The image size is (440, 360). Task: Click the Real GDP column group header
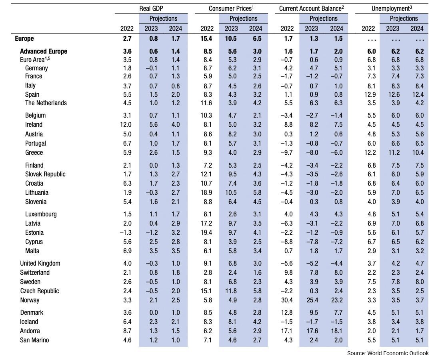tap(151, 8)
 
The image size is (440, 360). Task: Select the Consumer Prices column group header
tap(231, 8)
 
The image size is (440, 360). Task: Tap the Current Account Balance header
tap(312, 8)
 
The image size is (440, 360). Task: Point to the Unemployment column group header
tap(392, 8)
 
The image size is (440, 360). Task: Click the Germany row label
tap(36, 68)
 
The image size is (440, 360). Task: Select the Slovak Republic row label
tap(45, 174)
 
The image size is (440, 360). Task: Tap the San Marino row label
tap(34, 340)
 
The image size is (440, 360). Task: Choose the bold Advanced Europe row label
tap(44, 51)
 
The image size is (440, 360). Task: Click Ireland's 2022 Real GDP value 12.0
tap(126, 124)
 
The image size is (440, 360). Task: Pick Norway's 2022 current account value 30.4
tap(287, 300)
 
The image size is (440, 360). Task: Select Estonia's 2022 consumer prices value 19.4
tap(206, 233)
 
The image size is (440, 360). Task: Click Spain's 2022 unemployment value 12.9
tap(370, 94)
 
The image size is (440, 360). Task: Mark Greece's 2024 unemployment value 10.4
tap(418, 153)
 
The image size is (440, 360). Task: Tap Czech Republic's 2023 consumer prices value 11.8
tap(231, 291)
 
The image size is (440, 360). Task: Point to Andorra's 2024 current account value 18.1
tap(337, 331)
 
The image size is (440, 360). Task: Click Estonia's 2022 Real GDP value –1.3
tap(126, 233)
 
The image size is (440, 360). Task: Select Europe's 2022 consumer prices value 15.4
tap(206, 39)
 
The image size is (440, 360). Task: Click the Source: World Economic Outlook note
tap(388, 353)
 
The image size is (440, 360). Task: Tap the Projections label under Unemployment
tap(404, 18)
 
